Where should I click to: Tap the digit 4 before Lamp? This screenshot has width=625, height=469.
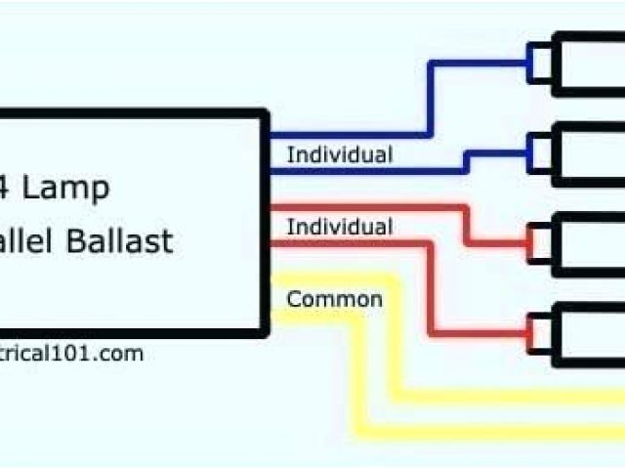tap(8, 186)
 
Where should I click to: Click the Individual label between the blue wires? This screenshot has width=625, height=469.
tap(339, 154)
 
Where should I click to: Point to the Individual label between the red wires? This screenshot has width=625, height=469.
tap(339, 227)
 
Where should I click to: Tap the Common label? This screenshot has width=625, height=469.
tap(334, 299)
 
